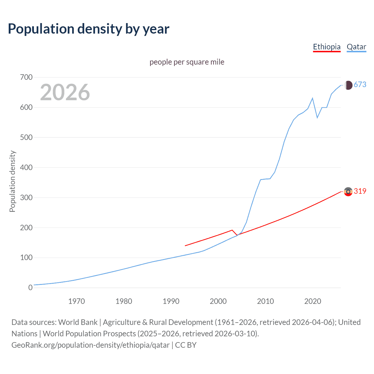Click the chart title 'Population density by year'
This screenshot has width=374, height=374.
(x=89, y=29)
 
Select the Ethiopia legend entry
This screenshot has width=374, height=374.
(x=327, y=47)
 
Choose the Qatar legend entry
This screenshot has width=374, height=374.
(x=356, y=47)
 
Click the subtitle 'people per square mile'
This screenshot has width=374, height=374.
(x=187, y=62)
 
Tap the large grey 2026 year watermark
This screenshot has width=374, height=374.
(x=65, y=92)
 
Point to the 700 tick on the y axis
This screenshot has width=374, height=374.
(x=26, y=77)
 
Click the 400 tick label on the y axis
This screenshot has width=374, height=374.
(x=26, y=168)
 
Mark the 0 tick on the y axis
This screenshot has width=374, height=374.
(x=30, y=288)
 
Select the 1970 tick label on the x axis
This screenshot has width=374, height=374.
(x=77, y=301)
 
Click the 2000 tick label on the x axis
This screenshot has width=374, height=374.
(x=218, y=301)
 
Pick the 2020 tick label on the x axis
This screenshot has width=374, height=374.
(x=313, y=301)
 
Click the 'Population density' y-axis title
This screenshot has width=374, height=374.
(x=12, y=181)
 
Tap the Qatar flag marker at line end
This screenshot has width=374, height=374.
(x=348, y=85)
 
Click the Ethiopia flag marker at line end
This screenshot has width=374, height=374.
(x=348, y=192)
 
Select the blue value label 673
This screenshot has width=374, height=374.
(x=360, y=85)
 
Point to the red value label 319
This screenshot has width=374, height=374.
(x=360, y=191)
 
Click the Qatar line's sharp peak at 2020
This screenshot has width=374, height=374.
(x=313, y=98)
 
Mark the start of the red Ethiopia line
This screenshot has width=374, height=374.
(x=185, y=246)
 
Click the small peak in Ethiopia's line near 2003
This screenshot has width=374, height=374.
(x=232, y=230)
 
